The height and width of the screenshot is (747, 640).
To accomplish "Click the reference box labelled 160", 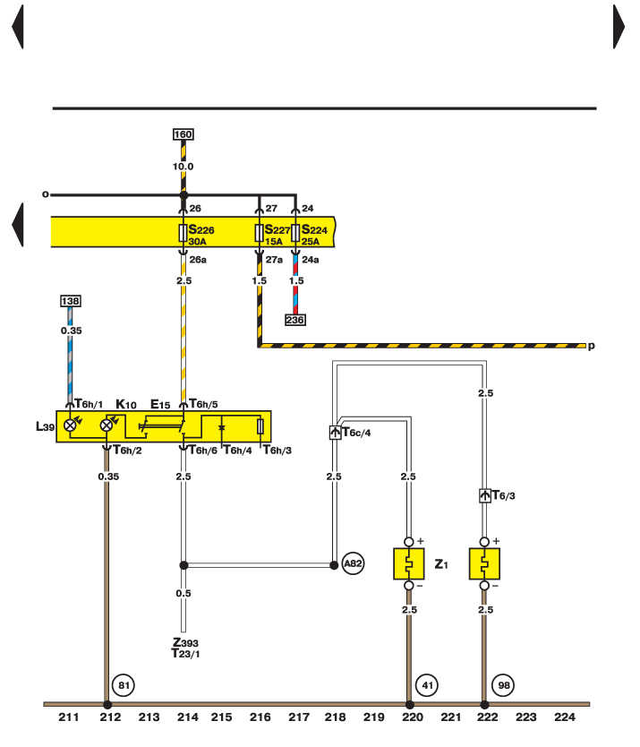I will point(183,135).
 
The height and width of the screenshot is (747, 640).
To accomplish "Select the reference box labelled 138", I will point(70,301).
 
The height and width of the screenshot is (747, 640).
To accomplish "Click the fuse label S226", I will point(201,229).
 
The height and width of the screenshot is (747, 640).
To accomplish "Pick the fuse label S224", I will point(315,229).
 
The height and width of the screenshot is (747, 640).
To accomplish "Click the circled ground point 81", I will point(123,687).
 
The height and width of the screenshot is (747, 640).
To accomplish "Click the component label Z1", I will point(440,565).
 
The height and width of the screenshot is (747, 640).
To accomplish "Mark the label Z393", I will point(185,642).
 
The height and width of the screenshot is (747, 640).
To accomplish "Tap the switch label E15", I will point(160,405).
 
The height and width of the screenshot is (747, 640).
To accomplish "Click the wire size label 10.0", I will point(183,167).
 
